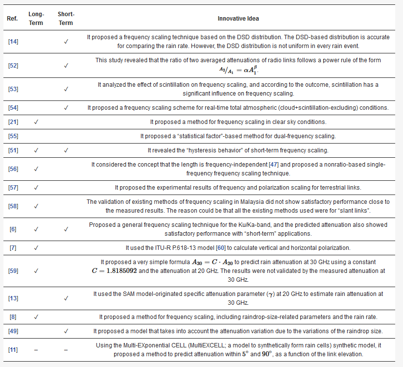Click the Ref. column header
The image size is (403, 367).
click(12, 19)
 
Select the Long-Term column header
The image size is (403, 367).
click(36, 19)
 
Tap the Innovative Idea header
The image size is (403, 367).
click(238, 19)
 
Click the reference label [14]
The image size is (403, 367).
click(13, 41)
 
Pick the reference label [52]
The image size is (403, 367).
click(13, 65)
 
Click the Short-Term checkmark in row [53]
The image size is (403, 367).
click(66, 89)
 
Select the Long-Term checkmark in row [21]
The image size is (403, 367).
click(36, 122)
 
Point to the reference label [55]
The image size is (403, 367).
click(13, 136)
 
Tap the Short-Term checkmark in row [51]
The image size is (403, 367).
click(66, 150)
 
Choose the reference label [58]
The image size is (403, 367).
click(13, 206)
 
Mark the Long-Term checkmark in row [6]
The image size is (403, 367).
click(36, 229)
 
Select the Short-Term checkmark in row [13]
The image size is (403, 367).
click(66, 298)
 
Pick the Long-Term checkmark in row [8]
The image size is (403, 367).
click(36, 317)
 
